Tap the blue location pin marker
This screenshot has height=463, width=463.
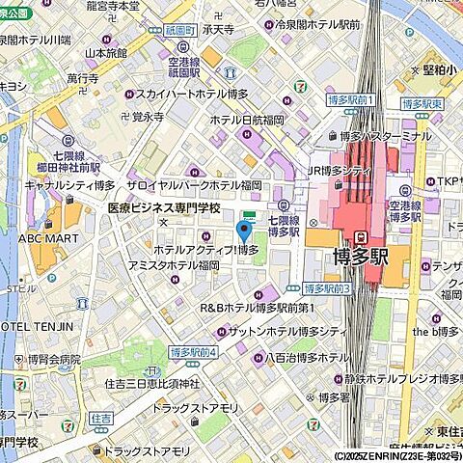tap(244, 231)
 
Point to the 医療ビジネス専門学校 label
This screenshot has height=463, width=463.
tap(163, 208)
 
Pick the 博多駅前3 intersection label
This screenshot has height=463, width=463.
tap(327, 288)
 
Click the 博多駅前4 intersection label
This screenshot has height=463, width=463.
tap(194, 351)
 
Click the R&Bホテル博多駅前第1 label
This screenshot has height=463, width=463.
tap(257, 308)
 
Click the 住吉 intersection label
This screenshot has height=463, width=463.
tap(100, 419)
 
